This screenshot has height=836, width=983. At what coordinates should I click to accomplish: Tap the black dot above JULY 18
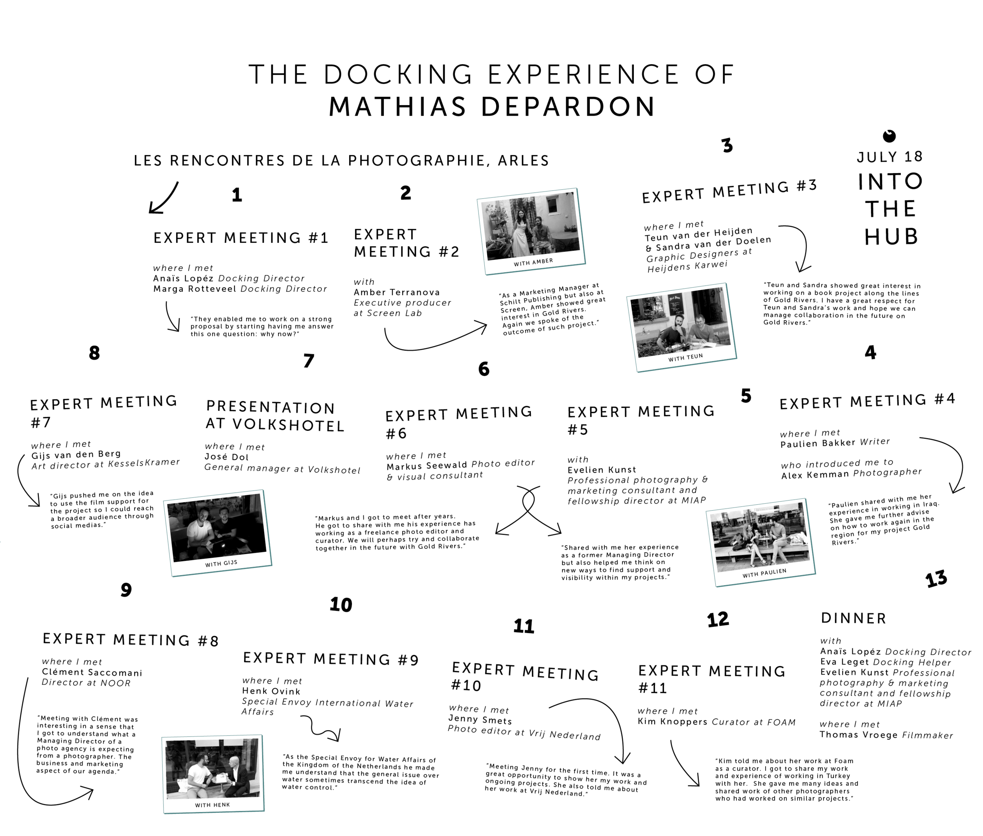(x=889, y=136)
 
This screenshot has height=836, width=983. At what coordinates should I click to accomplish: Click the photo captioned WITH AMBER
(x=531, y=231)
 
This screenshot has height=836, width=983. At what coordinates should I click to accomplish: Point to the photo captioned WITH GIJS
(x=217, y=533)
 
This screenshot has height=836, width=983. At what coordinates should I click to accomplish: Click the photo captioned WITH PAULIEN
(x=760, y=542)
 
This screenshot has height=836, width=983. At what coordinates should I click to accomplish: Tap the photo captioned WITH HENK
(x=213, y=773)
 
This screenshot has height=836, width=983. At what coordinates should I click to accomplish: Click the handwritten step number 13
(x=936, y=579)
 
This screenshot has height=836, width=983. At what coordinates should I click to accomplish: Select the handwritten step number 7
(x=308, y=361)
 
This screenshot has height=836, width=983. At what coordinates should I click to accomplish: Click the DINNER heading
(x=853, y=618)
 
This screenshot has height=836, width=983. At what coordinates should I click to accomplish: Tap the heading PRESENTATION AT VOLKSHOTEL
(x=275, y=415)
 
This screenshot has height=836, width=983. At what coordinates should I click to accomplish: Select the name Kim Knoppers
(x=673, y=721)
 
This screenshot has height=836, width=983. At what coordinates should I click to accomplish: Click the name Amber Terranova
(x=396, y=292)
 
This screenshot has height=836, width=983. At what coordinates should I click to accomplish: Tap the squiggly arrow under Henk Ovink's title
(x=320, y=727)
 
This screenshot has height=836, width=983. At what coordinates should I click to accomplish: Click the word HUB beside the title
(x=891, y=236)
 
